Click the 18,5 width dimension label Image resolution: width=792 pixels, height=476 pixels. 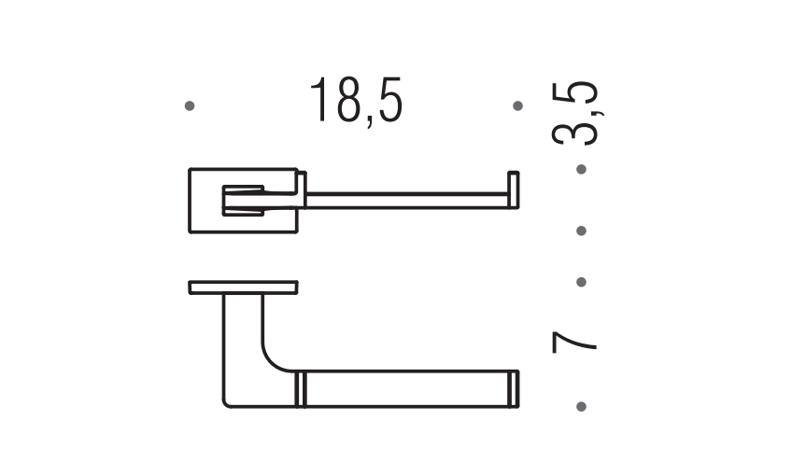click(356, 101)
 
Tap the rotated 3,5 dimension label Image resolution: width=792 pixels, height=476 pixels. click(576, 113)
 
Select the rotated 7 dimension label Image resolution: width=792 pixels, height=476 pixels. click(573, 343)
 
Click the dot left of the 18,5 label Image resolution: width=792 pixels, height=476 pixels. click(190, 106)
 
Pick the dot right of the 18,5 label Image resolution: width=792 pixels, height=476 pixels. click(517, 106)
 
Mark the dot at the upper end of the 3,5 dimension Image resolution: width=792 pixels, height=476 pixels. click(581, 169)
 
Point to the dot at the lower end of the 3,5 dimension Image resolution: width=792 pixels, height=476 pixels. click(581, 231)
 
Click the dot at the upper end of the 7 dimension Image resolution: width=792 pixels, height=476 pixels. click(581, 282)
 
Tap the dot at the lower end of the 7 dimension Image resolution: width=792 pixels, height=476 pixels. click(581, 406)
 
